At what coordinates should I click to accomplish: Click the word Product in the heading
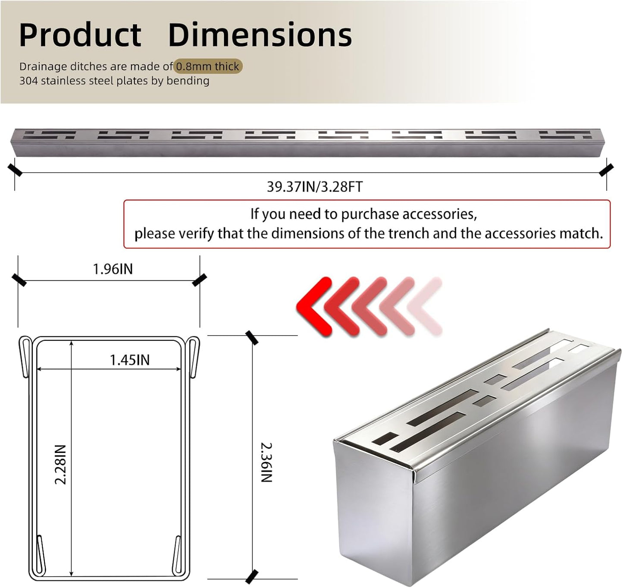click(80, 35)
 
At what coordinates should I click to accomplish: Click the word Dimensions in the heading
click(260, 35)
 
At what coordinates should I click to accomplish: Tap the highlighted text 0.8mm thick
click(208, 66)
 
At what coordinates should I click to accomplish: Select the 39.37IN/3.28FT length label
click(315, 187)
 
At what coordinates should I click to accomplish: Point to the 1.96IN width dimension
click(113, 269)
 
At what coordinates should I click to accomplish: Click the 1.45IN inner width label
click(130, 360)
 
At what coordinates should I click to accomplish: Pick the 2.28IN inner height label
click(60, 465)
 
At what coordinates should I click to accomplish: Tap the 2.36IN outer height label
click(267, 462)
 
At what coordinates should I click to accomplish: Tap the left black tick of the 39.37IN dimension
click(15, 170)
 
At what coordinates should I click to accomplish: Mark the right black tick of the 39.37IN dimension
click(606, 170)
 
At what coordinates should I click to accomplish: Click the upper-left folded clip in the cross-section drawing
click(26, 356)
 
